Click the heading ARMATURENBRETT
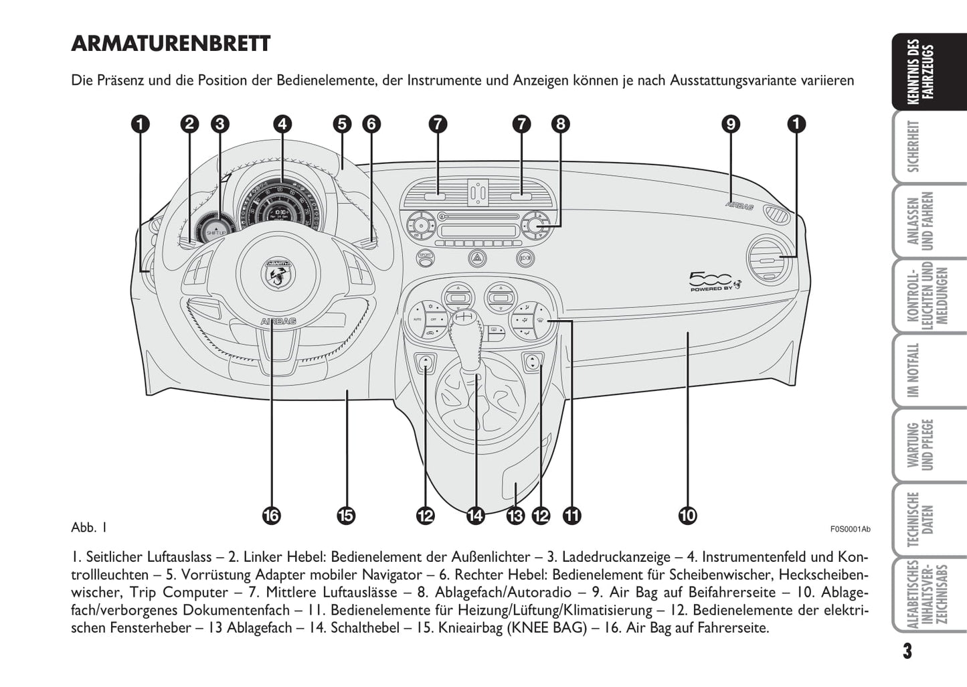tap(171, 44)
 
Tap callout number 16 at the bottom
tap(271, 515)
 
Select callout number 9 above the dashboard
tap(731, 124)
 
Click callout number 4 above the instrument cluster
tap(282, 124)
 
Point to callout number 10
tap(687, 515)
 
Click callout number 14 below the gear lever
tap(475, 515)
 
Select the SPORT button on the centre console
tap(425, 256)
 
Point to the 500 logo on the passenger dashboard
tap(715, 281)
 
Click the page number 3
tap(906, 651)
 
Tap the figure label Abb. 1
tap(89, 528)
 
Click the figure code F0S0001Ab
tap(850, 529)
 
